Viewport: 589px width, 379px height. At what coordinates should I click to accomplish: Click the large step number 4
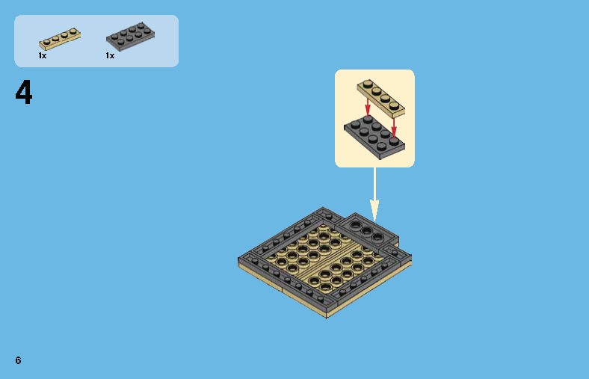24,92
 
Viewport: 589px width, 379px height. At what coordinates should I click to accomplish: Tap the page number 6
18,360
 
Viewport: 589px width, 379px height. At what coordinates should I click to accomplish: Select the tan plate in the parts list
60,38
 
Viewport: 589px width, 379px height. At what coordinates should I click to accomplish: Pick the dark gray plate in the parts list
130,36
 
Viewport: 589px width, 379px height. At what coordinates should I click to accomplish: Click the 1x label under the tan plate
43,55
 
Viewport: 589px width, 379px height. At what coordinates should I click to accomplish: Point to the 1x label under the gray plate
110,55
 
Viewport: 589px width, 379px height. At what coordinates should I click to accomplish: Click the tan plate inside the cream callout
381,98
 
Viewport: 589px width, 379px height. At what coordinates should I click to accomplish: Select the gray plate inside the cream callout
374,137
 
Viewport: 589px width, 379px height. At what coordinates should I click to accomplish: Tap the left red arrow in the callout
368,107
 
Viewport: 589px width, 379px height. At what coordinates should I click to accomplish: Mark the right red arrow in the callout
394,129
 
